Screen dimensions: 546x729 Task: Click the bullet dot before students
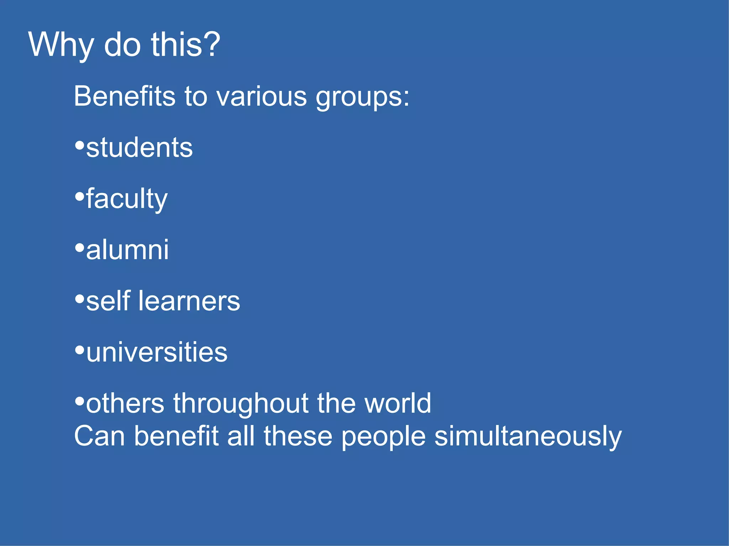(x=79, y=145)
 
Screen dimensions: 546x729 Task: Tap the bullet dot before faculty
(x=79, y=196)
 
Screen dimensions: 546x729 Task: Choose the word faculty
(x=127, y=199)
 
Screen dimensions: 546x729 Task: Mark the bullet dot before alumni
(x=79, y=247)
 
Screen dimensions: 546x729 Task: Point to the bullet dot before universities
(x=79, y=349)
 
